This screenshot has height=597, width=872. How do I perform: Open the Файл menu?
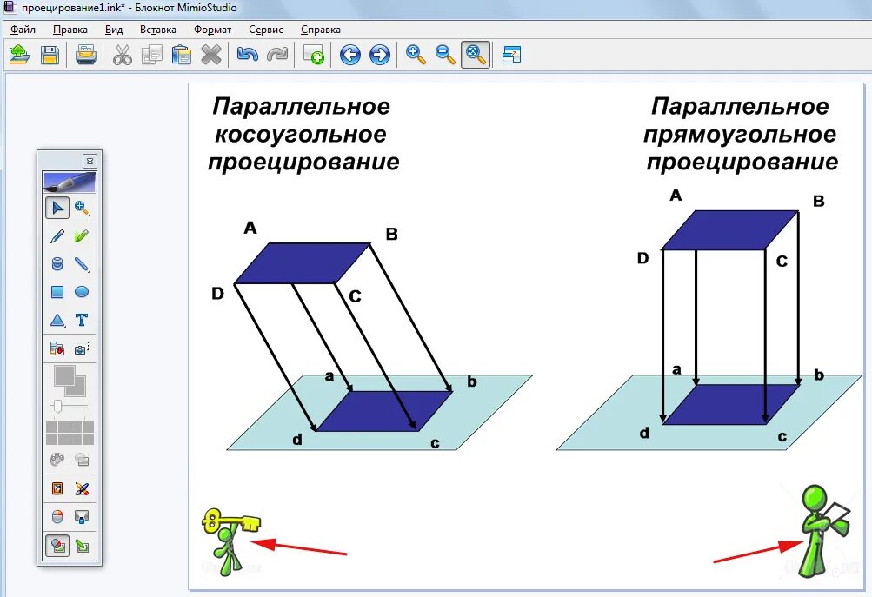point(23,30)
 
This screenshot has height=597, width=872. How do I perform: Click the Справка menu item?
point(320,30)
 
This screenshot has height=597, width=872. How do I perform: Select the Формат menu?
point(212,30)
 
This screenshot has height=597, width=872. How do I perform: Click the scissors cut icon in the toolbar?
point(123,56)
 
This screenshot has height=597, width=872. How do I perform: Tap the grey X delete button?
point(211,56)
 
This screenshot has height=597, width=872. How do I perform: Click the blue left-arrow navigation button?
point(350,56)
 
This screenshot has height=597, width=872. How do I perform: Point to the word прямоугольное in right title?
point(740,135)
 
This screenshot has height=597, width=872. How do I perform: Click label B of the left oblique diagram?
point(391,234)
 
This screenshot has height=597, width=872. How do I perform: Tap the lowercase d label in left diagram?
point(297,440)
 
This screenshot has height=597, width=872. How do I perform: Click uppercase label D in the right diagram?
point(643,258)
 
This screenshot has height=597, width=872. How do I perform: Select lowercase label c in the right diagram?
point(782,436)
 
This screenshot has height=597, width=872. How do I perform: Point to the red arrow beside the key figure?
point(300,547)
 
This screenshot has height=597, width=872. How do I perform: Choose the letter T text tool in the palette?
point(82,320)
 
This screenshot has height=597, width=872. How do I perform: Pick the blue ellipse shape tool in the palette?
point(82,292)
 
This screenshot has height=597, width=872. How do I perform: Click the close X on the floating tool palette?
point(90,161)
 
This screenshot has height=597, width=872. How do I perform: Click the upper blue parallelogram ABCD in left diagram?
point(303,262)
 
